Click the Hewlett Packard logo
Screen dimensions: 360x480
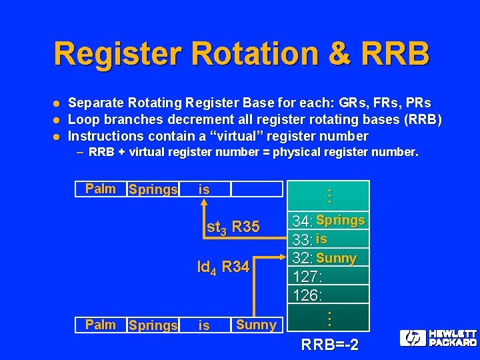tap(438, 338)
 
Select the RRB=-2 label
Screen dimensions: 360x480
tap(330, 345)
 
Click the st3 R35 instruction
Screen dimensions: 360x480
tap(233, 227)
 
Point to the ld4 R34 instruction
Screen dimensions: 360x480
tap(223, 268)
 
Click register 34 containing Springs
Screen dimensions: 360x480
tap(329, 220)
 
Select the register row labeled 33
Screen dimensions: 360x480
tap(329, 238)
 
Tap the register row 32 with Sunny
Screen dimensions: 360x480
tap(329, 257)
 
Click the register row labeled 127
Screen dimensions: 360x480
tap(329, 275)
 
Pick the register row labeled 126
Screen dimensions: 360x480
tap(329, 294)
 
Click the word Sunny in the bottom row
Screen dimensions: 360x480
tap(256, 325)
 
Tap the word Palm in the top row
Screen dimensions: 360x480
tap(101, 189)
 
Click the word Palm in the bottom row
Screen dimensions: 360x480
tap(101, 325)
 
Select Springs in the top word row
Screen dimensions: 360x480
tap(153, 189)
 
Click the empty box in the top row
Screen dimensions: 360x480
tap(257, 189)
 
